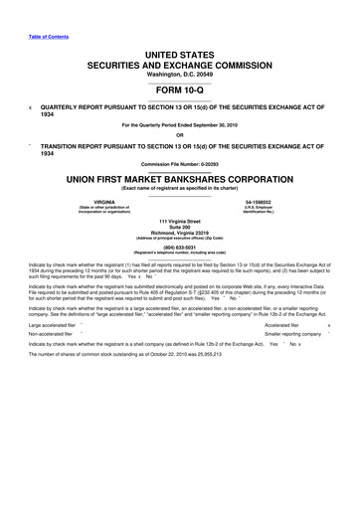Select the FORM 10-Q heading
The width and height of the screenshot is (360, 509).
click(181, 85)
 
